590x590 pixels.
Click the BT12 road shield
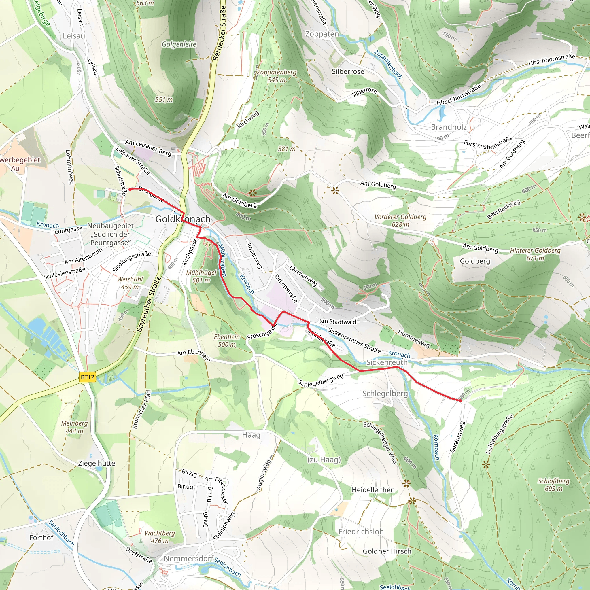point(87,377)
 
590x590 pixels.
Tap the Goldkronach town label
point(183,219)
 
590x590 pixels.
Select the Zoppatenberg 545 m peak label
point(277,76)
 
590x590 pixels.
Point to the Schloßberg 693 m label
point(553,485)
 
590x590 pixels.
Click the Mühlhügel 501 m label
point(201,276)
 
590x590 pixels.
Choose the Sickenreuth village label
point(387,362)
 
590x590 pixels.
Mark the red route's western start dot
point(130,189)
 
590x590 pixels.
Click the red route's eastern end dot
point(460,401)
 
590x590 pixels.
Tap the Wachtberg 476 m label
point(159,537)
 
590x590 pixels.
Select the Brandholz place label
point(449,127)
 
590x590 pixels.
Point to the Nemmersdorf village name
point(188,559)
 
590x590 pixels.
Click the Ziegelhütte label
point(97,463)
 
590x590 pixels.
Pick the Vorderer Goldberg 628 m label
point(400,220)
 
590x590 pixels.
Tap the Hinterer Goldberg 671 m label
point(535,254)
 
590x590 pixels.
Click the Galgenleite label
point(179,44)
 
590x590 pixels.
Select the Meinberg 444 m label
point(74,427)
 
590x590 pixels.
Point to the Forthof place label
point(41,538)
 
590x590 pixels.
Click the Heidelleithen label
point(373,490)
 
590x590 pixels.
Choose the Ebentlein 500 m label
point(227,341)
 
